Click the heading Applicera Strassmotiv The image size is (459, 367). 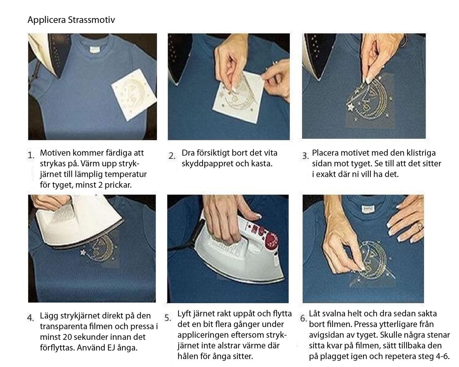[71, 20]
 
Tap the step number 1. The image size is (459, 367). [31, 156]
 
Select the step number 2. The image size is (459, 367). [172, 156]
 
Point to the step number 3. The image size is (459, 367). [305, 156]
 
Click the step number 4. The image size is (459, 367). [30, 317]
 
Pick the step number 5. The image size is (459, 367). [168, 318]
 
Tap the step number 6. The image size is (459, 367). [303, 318]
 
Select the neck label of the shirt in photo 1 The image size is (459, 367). [94, 50]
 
